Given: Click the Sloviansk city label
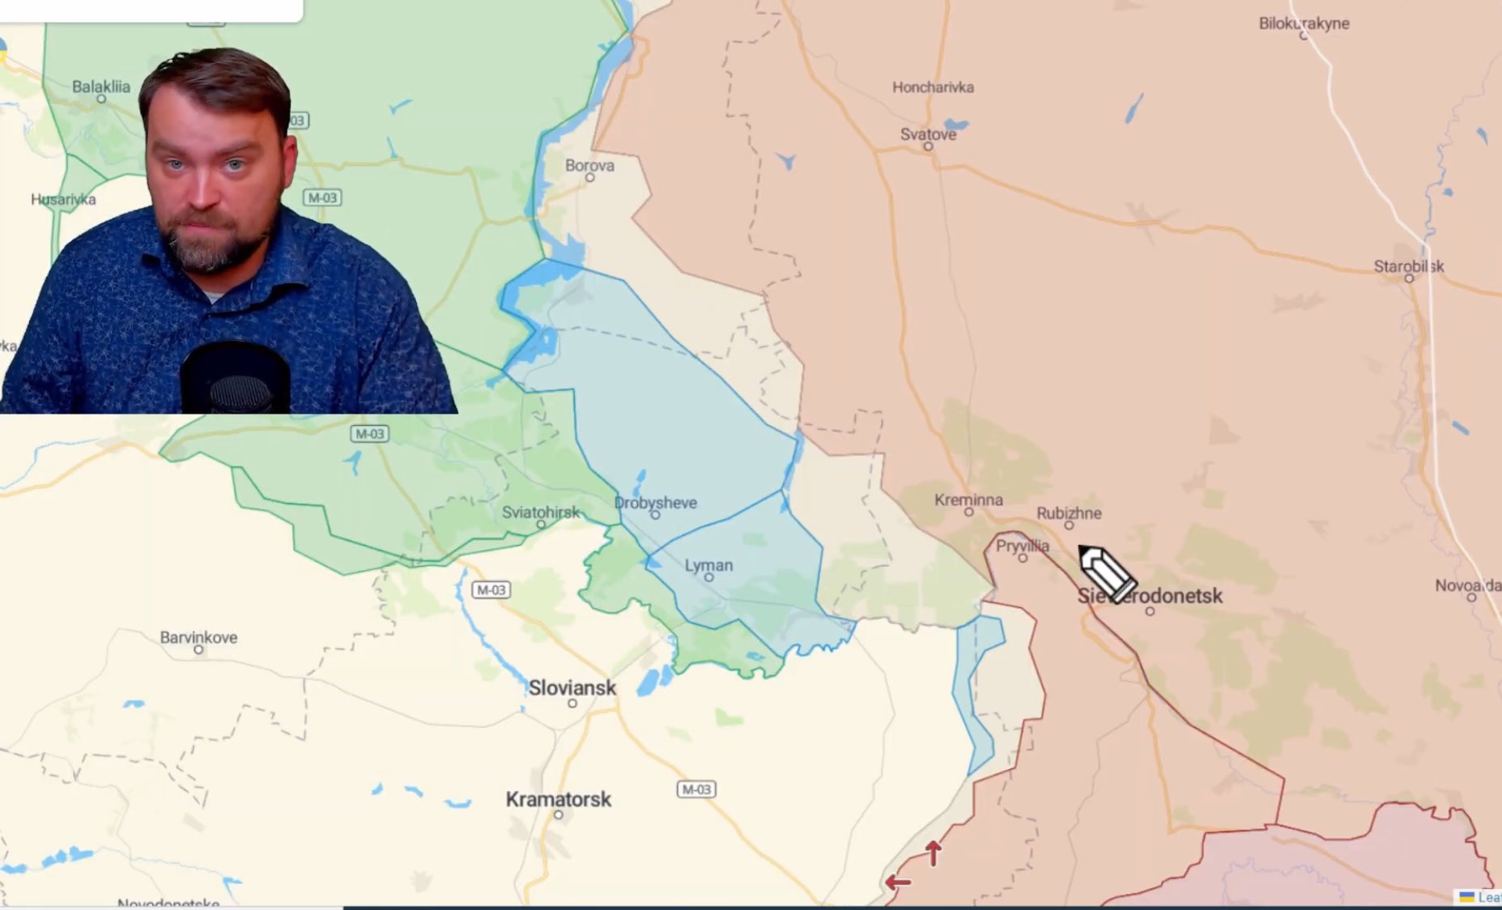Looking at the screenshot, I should (572, 688).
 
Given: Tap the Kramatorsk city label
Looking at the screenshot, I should (558, 799).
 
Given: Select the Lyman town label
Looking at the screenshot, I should (708, 565).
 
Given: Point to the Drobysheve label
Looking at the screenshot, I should (655, 503).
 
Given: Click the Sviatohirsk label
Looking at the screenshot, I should (540, 512).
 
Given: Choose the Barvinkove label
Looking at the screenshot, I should (198, 637).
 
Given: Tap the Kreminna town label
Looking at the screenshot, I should (968, 500).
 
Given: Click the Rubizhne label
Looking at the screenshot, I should (1069, 513).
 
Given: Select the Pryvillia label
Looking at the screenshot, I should (1022, 546).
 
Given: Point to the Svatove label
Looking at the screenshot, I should (928, 134).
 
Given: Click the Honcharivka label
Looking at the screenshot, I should (933, 87).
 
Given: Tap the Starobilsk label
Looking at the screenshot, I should (1408, 266).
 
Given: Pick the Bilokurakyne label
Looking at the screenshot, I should (1304, 23).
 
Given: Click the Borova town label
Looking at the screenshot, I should (589, 165).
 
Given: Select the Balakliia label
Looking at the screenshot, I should (100, 87).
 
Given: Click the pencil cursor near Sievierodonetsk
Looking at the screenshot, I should (1106, 572).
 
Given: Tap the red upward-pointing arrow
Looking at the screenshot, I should (934, 853).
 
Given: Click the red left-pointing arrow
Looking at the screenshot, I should (897, 882).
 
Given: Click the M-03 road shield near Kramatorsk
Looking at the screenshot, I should (696, 789).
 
